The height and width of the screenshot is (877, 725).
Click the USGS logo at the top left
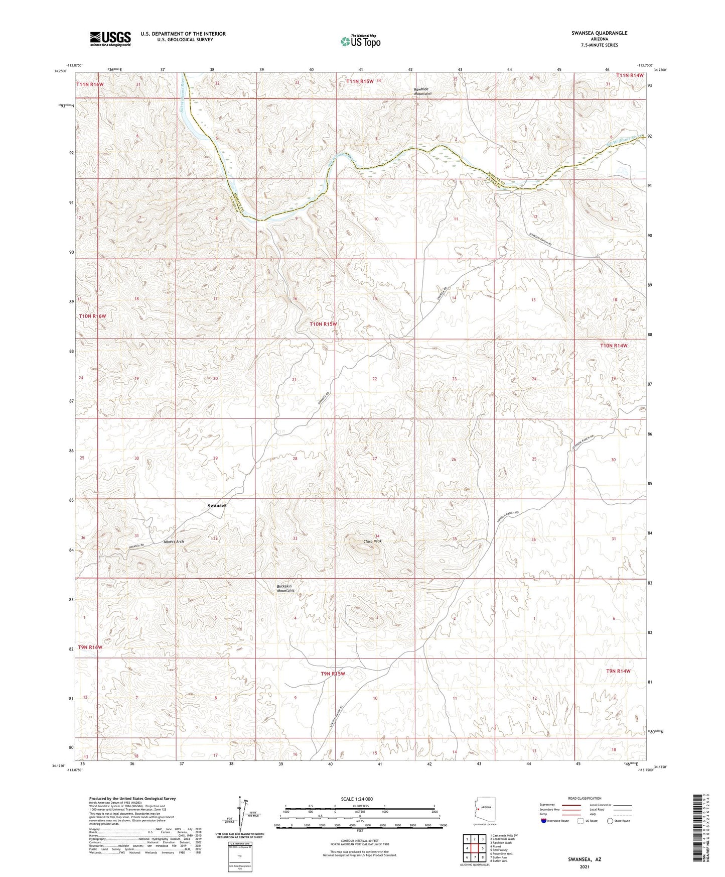[110, 38]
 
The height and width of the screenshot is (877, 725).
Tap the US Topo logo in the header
[360, 41]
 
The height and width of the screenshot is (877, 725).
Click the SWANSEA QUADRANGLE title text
[599, 33]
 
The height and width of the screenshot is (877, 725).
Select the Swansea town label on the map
[217, 506]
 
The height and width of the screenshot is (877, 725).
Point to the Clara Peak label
[372, 541]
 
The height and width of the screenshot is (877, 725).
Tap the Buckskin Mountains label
[286, 588]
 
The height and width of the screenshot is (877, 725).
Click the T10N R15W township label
[323, 324]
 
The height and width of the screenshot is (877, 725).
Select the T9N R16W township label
[90, 647]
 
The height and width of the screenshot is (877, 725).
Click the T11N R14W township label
[630, 75]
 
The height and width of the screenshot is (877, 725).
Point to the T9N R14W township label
[618, 671]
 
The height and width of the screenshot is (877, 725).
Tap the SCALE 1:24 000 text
[357, 799]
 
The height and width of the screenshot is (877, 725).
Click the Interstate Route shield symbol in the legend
[544, 821]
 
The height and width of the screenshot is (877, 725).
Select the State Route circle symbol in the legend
[610, 821]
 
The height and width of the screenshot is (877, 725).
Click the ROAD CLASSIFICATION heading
[584, 798]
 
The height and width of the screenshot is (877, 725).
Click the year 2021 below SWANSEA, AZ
[585, 866]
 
